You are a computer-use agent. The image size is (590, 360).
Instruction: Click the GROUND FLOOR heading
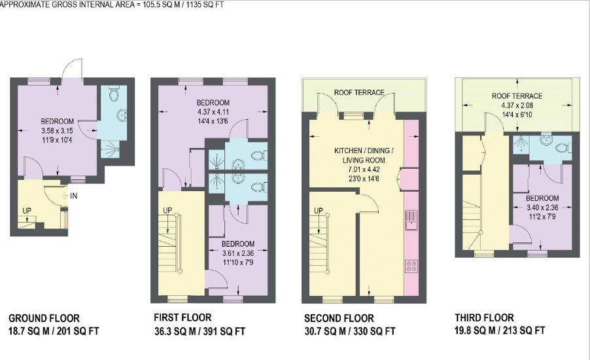(44, 318)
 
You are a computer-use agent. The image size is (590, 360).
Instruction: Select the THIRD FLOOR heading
(484, 318)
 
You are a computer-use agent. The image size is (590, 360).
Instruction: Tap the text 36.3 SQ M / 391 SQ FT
(200, 331)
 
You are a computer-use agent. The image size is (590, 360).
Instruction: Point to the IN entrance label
(74, 196)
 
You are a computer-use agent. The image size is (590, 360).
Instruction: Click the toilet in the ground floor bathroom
(114, 93)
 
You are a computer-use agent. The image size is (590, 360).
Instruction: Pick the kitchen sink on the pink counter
(411, 221)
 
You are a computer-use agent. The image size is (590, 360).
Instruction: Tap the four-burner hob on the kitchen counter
(411, 266)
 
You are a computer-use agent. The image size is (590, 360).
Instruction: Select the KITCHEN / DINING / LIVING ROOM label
(364, 155)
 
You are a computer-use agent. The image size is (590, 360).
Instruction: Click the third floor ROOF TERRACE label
(517, 96)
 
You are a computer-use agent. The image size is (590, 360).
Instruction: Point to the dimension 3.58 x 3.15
(57, 131)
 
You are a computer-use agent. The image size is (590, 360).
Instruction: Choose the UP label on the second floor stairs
(319, 211)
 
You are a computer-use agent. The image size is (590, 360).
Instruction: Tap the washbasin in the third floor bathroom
(546, 139)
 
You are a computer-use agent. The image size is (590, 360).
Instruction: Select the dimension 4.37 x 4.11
(213, 112)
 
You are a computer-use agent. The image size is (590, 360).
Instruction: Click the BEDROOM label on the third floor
(542, 198)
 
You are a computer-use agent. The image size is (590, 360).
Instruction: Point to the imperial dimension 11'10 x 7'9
(238, 262)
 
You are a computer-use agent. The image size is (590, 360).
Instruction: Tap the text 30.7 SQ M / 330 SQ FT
(350, 331)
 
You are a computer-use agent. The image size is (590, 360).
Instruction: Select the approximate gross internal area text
(112, 5)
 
